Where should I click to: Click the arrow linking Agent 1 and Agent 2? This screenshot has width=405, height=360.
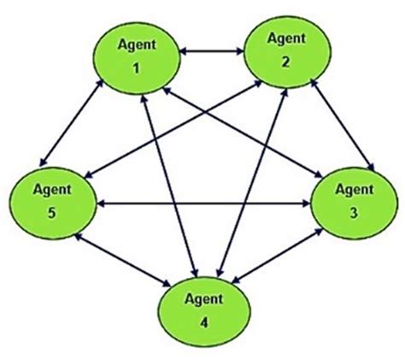tap(211, 54)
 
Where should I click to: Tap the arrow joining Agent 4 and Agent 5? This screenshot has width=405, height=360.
tap(120, 261)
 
